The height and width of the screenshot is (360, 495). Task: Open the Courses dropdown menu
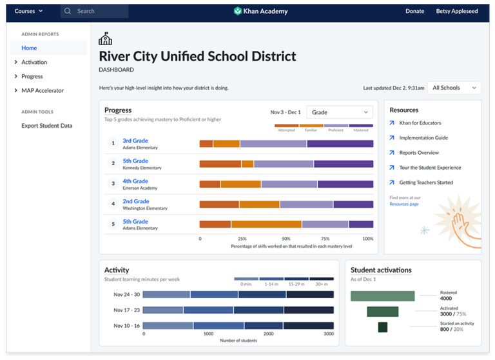[28, 11]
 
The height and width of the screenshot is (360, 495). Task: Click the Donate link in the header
[414, 11]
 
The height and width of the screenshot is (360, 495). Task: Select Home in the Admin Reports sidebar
[29, 48]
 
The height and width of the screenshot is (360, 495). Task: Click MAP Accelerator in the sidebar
[43, 90]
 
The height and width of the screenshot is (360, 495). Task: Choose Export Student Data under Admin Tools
[47, 126]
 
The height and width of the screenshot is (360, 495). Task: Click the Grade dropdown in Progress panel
[340, 112]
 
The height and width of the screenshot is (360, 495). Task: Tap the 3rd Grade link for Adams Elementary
[135, 141]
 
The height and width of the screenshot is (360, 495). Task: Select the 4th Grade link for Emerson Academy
[135, 181]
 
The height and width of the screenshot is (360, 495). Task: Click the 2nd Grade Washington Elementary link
[135, 201]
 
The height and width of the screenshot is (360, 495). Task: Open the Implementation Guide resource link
[423, 138]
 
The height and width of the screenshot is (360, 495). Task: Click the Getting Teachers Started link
[425, 183]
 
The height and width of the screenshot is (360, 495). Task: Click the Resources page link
[403, 204]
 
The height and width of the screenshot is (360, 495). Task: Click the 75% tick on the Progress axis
[325, 239]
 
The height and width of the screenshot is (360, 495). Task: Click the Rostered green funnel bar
[382, 296]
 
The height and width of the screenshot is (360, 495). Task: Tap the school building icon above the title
[105, 39]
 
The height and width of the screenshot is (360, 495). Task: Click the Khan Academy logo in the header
[261, 11]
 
